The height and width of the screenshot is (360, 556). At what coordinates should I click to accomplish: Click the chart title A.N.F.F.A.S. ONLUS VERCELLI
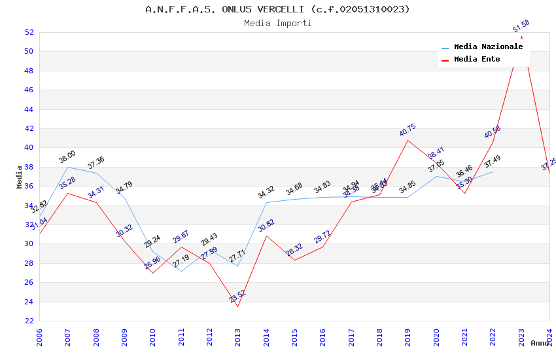(277, 9)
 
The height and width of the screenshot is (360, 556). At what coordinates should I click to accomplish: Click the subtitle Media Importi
(277, 24)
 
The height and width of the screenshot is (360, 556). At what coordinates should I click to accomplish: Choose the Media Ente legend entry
(477, 59)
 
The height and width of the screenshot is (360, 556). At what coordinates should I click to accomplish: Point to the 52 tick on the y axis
(29, 32)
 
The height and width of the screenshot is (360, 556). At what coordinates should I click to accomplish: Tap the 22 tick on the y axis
(29, 321)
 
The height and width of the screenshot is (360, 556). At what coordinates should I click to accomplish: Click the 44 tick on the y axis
(29, 109)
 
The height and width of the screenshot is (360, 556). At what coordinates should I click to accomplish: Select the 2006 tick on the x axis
(39, 338)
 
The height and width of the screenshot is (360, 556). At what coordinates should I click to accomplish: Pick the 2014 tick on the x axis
(266, 338)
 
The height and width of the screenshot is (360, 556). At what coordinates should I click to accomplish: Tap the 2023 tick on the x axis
(521, 338)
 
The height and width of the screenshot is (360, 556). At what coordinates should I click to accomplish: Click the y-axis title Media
(20, 177)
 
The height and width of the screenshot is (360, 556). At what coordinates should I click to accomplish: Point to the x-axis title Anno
(540, 343)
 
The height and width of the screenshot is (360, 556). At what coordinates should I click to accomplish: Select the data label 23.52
(237, 297)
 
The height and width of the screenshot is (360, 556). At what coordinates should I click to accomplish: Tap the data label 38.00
(67, 157)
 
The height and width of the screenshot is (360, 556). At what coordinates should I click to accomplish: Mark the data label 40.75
(408, 130)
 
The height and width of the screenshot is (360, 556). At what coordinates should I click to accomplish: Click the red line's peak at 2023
(521, 37)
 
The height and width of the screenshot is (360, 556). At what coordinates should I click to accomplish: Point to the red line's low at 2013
(237, 306)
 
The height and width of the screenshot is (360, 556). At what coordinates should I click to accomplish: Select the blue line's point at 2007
(67, 167)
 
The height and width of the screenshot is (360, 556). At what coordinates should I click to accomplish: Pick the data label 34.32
(266, 192)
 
